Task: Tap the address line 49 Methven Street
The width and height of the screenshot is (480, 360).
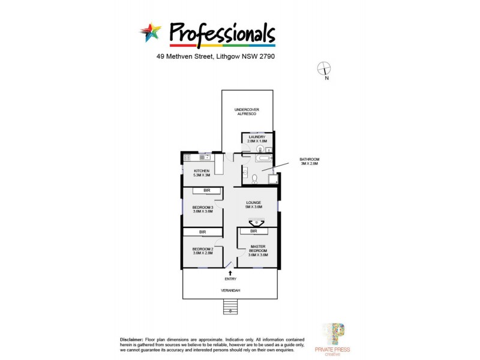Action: [215, 57]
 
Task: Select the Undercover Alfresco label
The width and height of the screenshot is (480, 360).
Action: [247, 112]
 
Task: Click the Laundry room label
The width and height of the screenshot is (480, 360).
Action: [257, 139]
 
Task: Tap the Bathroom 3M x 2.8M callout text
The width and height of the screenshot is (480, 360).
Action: [310, 162]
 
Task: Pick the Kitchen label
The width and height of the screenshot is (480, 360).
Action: [201, 173]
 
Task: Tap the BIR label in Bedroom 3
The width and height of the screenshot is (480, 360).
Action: [206, 190]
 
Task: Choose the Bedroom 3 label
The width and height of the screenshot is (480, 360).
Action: [202, 209]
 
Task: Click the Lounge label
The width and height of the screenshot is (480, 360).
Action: [254, 204]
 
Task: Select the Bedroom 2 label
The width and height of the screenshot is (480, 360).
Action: [202, 251]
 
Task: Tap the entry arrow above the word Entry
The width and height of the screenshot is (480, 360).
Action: [230, 273]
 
